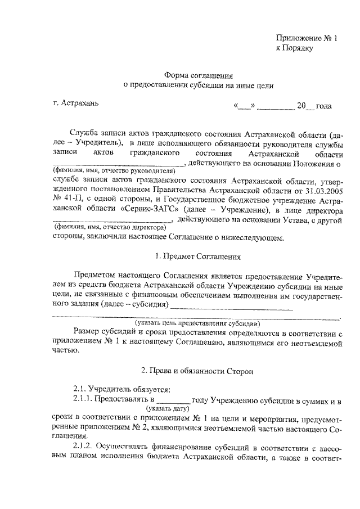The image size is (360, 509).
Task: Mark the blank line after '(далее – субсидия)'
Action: [x=232, y=307]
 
